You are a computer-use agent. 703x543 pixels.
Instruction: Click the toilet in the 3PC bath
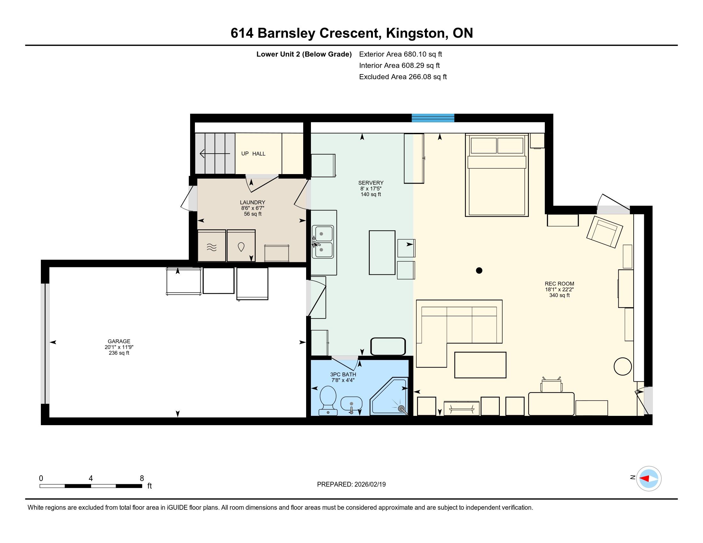click(328, 401)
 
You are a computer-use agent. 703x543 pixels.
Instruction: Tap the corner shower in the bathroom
click(390, 397)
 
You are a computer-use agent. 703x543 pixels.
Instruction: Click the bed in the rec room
click(497, 175)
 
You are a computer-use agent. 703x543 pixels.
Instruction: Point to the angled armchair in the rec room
click(604, 232)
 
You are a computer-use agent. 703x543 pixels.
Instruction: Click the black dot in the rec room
click(479, 271)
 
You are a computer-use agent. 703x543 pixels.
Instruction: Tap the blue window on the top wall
click(433, 118)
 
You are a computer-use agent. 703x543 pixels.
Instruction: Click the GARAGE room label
click(119, 341)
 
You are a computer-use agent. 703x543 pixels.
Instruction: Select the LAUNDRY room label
click(252, 202)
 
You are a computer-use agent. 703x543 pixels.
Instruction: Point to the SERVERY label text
click(371, 183)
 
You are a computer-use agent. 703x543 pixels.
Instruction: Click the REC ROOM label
click(560, 284)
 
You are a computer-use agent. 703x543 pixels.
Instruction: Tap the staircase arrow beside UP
click(215, 154)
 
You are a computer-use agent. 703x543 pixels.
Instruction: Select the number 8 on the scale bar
click(142, 478)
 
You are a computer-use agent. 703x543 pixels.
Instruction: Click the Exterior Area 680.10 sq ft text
click(401, 54)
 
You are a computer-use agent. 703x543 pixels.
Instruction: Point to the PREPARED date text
click(351, 485)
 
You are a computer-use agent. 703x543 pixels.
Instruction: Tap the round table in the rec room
click(623, 366)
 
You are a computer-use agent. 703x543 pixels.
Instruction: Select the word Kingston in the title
click(415, 34)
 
